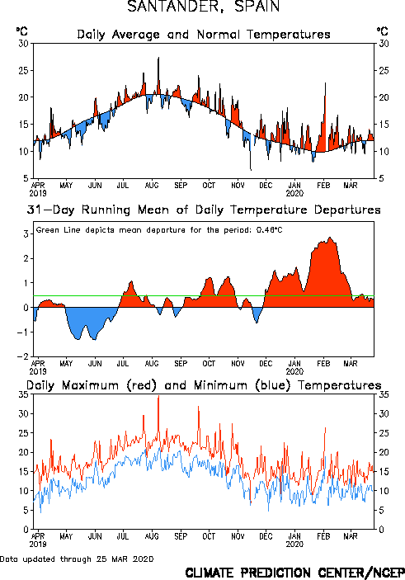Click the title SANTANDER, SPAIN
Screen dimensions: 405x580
[203, 7]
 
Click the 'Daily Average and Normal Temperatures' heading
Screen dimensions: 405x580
[204, 35]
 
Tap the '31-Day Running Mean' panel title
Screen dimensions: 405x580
[204, 210]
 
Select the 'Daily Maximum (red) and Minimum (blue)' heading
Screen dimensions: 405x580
[204, 385]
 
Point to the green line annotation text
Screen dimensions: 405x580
[159, 230]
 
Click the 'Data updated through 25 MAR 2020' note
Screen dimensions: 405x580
[77, 559]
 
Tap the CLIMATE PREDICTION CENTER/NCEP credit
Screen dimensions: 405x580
[294, 573]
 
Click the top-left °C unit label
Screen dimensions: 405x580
[21, 31]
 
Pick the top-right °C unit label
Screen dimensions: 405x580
[383, 31]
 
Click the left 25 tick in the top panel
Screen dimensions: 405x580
[23, 70]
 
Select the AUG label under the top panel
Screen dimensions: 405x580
[152, 185]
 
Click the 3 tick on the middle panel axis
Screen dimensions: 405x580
[26, 233]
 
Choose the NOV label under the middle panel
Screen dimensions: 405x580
[238, 364]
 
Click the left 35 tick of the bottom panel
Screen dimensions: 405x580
[23, 394]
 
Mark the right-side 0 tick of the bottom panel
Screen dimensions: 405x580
[382, 530]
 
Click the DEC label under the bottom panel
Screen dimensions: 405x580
[266, 536]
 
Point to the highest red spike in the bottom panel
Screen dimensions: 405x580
[158, 396]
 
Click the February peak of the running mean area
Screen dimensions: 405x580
[330, 238]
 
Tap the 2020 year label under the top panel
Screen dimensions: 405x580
[294, 193]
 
